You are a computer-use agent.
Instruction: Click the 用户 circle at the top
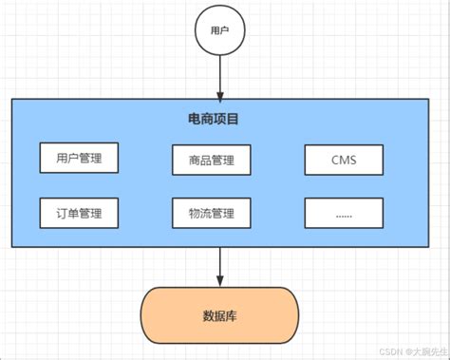tap(220, 31)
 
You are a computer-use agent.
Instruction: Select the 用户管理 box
tap(80, 158)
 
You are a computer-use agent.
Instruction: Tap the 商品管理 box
tap(211, 161)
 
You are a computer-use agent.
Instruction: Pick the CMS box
tap(344, 161)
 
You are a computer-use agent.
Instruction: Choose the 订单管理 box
tap(80, 212)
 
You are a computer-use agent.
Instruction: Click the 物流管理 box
tap(211, 213)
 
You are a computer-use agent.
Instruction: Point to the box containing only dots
tap(344, 213)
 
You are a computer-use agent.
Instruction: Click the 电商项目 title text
tap(214, 121)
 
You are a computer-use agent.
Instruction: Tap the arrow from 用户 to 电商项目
tap(220, 76)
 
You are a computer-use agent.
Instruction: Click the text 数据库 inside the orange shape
tap(220, 316)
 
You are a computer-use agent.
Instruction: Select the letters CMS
tap(344, 161)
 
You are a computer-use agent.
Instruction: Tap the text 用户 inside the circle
tap(220, 31)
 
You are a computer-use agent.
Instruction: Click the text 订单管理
tap(80, 212)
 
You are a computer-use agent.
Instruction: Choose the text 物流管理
tap(211, 213)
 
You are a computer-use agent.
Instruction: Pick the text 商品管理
tap(211, 161)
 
